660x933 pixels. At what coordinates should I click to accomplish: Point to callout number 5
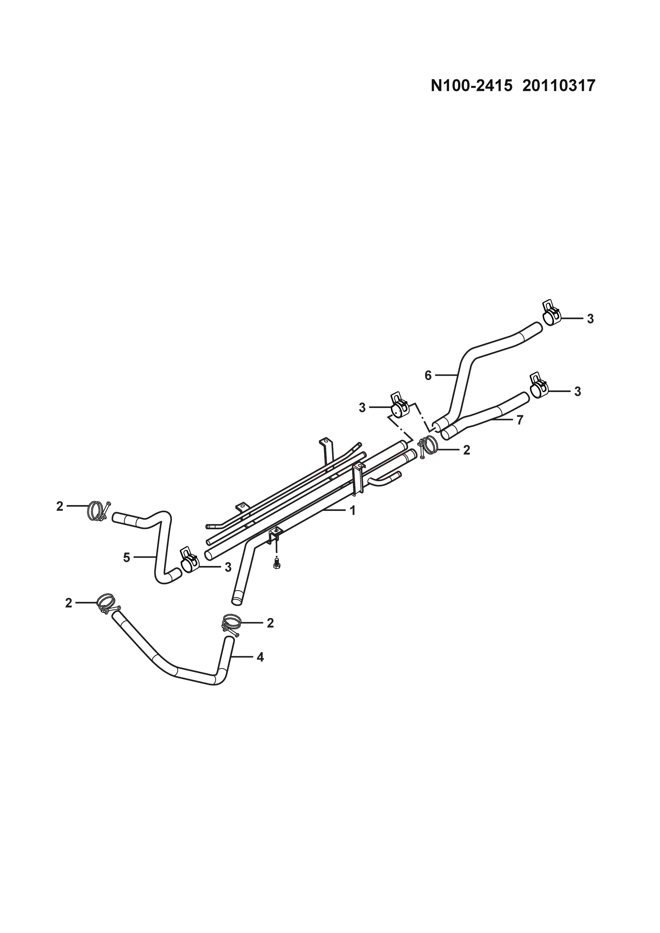(x=127, y=558)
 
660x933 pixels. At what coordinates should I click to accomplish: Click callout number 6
(x=428, y=376)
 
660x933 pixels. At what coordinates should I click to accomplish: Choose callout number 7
(x=520, y=420)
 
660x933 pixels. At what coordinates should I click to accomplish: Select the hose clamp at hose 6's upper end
(x=551, y=315)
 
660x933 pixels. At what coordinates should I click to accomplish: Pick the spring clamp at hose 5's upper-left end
(x=97, y=511)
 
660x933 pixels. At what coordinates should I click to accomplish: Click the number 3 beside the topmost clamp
(x=591, y=319)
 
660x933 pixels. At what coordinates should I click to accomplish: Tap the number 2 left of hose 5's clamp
(x=60, y=506)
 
